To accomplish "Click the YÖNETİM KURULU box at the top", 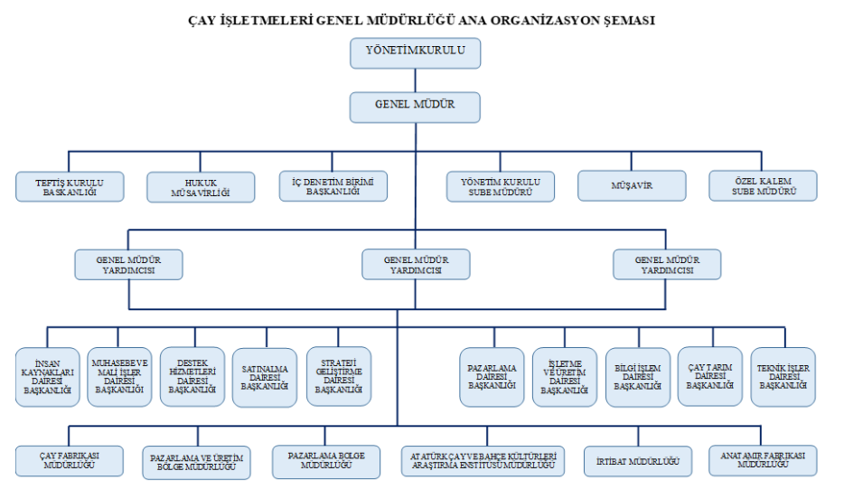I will [416, 52].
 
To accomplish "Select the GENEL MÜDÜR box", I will [416, 107].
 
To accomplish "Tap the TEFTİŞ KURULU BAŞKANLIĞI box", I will [70, 186].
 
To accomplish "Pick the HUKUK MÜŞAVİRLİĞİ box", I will [201, 186].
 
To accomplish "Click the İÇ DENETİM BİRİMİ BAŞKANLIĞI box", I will [333, 186].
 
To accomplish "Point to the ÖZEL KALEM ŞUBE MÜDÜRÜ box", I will [764, 186].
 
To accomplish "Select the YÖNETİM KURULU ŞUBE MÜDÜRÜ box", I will [500, 186].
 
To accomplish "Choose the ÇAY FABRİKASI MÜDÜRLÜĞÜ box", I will [69, 459].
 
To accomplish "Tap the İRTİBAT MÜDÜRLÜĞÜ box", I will [637, 460].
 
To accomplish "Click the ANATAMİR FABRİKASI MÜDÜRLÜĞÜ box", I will [764, 459].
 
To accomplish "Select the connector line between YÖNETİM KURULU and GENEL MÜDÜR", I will [416, 80].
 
